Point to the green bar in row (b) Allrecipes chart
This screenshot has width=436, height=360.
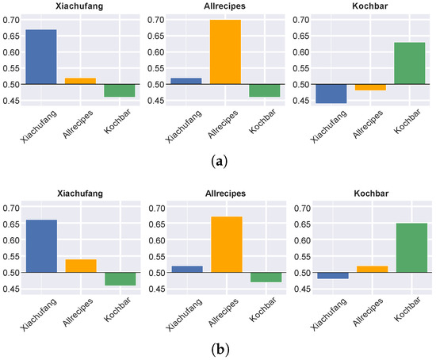[x=265, y=277]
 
